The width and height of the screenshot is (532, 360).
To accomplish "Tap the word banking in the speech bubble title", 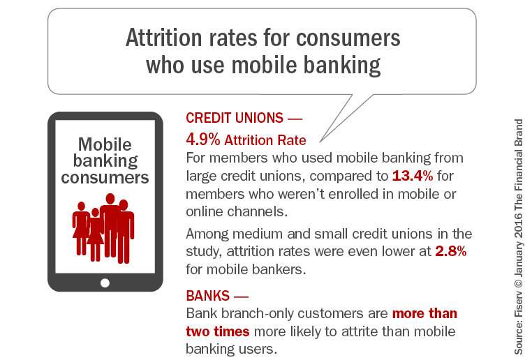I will [339, 65].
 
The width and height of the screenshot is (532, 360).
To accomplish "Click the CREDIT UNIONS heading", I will [230, 120].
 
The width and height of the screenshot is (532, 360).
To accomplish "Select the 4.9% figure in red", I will [202, 139].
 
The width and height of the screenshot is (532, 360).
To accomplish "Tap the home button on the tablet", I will [105, 283].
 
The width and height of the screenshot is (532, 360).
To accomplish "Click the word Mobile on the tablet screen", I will [105, 144].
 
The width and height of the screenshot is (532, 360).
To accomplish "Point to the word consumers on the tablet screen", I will [105, 177].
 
